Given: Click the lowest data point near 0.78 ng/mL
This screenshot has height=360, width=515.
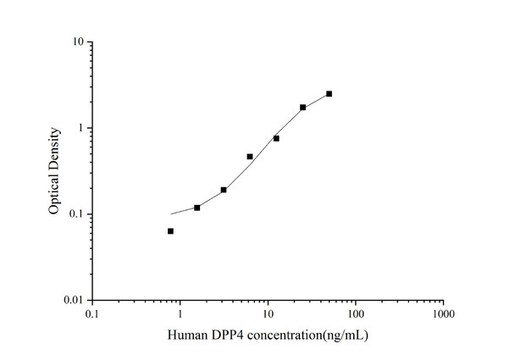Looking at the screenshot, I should point(170,230).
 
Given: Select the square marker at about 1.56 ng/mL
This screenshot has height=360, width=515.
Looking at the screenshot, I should point(197,208).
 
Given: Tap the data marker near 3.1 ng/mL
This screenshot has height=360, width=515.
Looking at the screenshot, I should point(224,190).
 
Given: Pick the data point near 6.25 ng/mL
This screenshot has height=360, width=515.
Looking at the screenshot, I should point(250,157).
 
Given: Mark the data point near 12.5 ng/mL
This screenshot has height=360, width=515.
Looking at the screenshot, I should point(276,138).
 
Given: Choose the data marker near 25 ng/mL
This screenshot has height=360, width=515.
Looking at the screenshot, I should point(302,108).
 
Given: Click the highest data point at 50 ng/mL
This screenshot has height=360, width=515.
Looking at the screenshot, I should point(329,93).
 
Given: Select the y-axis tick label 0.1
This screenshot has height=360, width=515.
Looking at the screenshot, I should point(75,214).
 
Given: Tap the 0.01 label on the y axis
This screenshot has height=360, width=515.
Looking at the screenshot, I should point(73,301).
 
